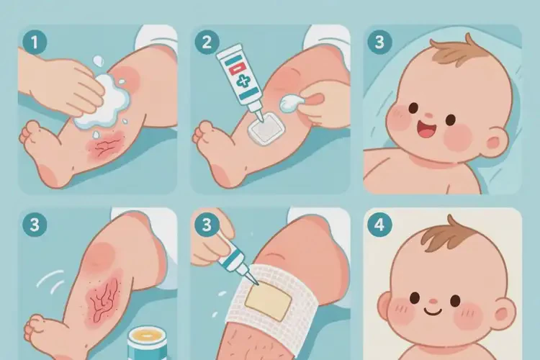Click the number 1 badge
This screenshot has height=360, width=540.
coord(35,42)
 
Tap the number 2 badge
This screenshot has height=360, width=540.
coord(207,42)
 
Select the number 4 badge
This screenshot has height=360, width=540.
coord(379,225)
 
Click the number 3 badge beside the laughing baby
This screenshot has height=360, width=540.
coord(379,42)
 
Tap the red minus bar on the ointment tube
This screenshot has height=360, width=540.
coord(236,68)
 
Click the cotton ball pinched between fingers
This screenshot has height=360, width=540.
coord(291,104)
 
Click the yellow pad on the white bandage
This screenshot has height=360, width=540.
coord(269,301)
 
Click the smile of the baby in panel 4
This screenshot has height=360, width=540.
coord(433,312)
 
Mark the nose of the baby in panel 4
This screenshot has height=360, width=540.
coord(433,302)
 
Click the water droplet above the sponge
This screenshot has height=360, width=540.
coord(98,62)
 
